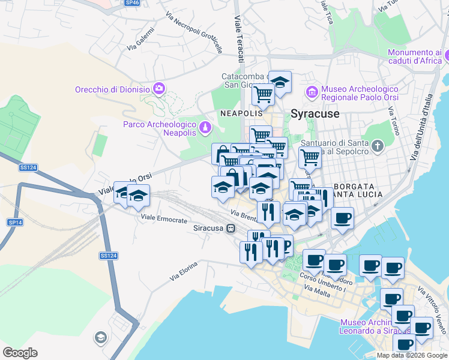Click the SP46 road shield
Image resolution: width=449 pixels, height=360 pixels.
click(x=131, y=3)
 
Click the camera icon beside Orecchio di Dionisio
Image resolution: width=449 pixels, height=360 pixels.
click(x=158, y=89)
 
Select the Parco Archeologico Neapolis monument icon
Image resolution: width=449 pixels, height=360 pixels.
click(x=206, y=128)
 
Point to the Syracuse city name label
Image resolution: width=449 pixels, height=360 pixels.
click(x=315, y=113)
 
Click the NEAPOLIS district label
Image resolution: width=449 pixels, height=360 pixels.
click(x=242, y=113)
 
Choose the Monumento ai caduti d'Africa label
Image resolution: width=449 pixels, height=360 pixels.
click(x=414, y=56)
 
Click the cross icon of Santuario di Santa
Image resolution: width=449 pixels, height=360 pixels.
click(x=377, y=146)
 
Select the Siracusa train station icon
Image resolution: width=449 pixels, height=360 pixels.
click(x=230, y=228)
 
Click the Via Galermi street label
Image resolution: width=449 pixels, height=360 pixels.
click(x=140, y=43)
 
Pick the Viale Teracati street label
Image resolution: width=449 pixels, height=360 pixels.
click(x=240, y=39)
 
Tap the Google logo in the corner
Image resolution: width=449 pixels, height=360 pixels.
click(x=20, y=353)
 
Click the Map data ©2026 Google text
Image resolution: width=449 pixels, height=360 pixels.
click(x=411, y=355)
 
